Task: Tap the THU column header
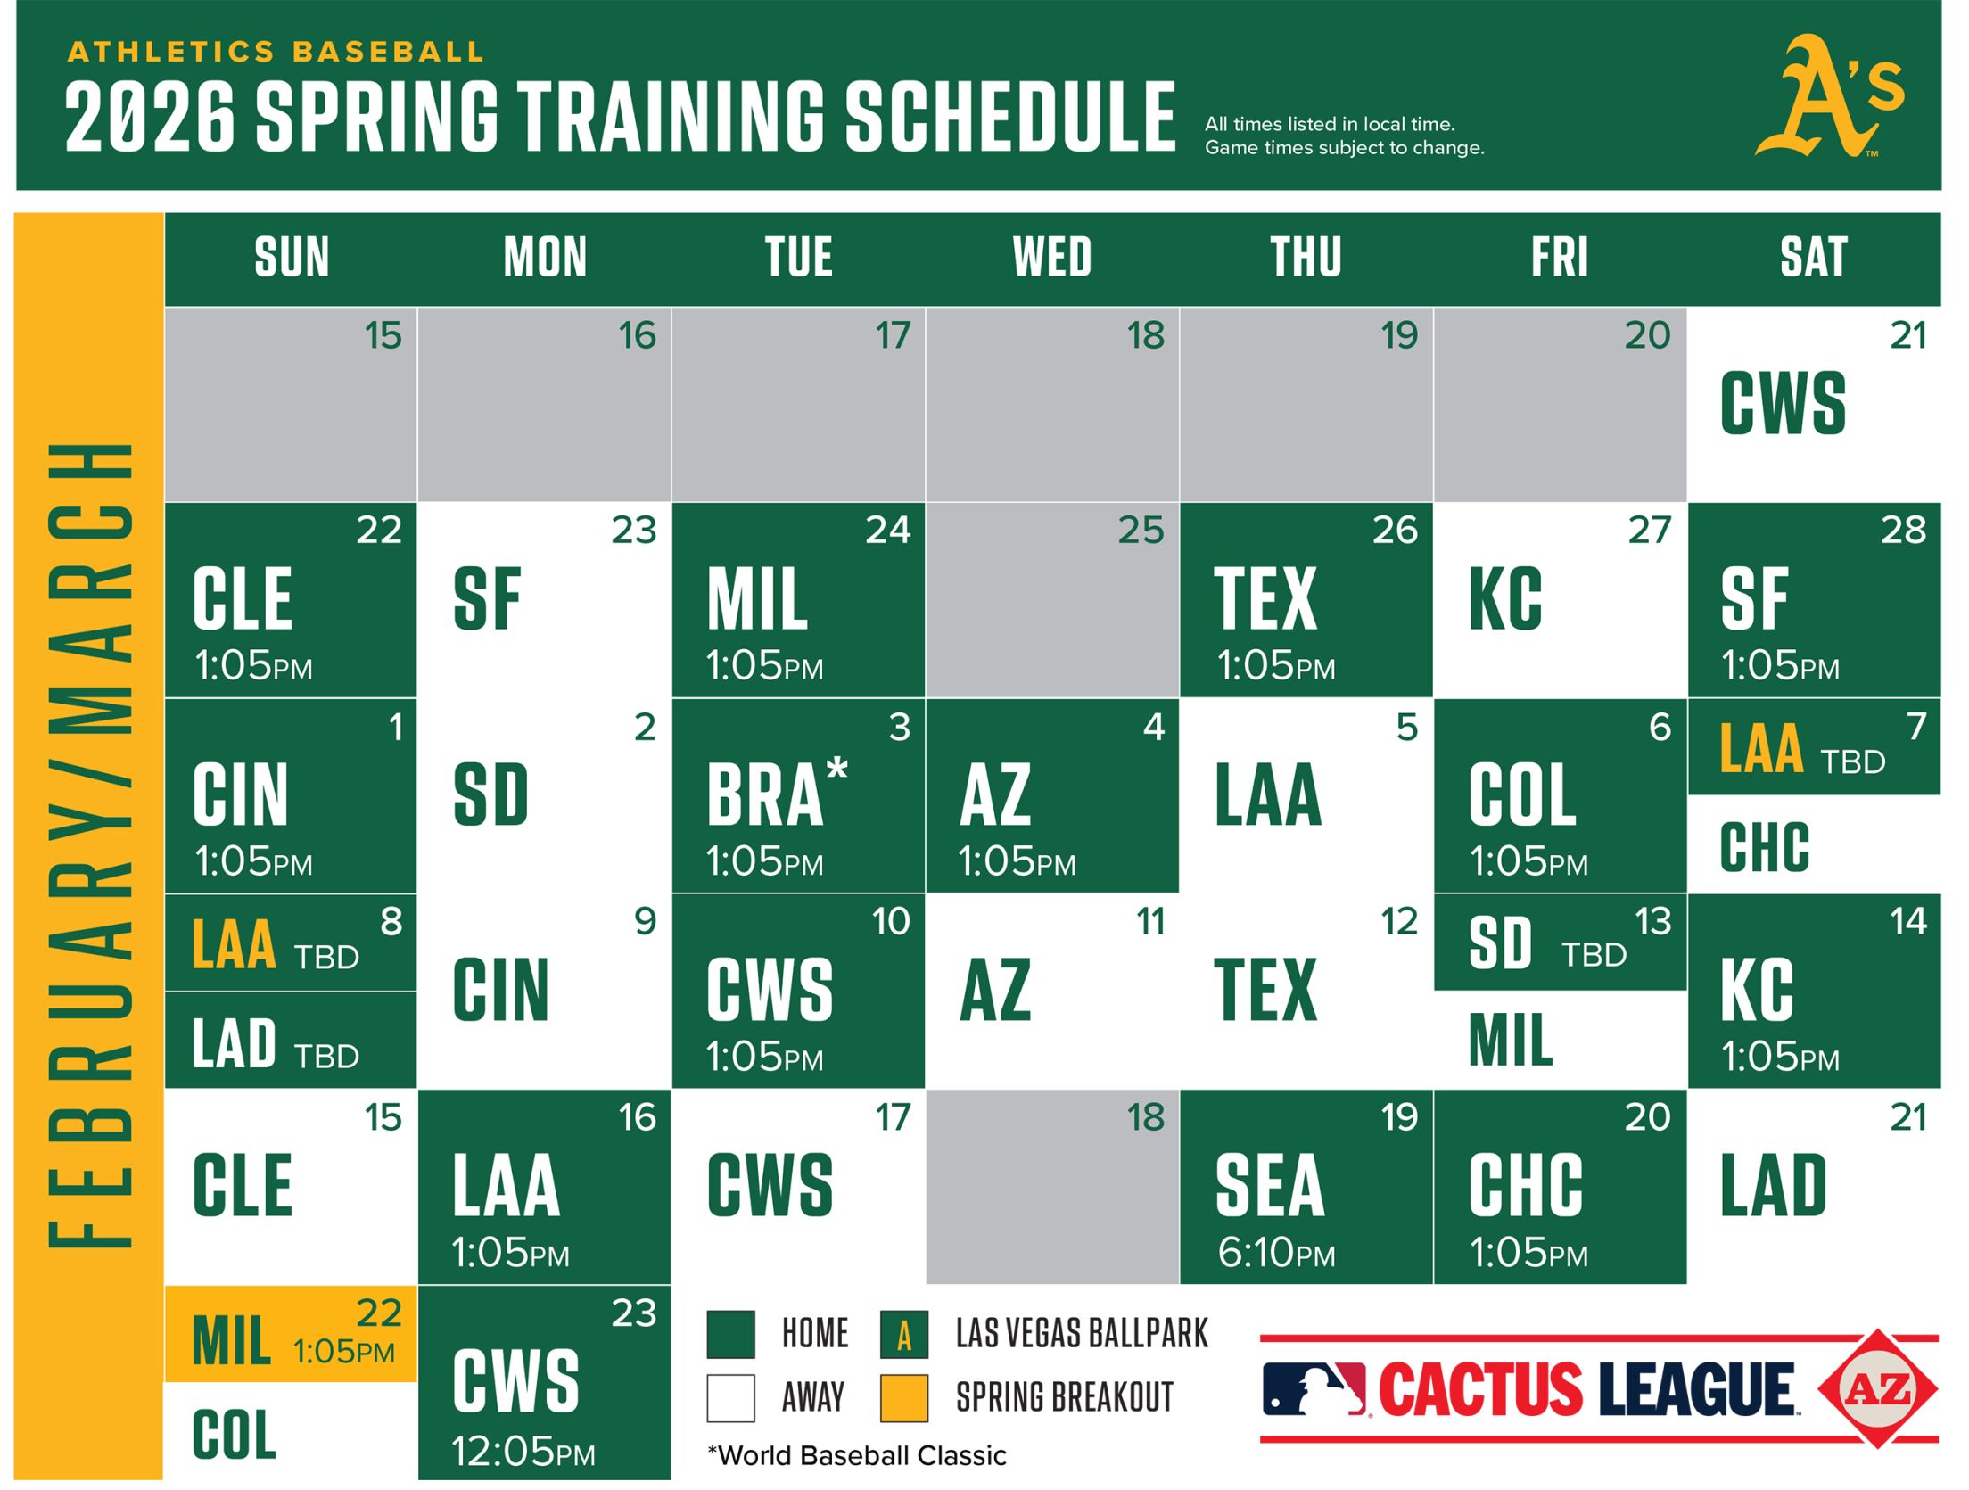1306,258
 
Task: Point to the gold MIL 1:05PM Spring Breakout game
291,1335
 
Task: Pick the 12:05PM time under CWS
523,1452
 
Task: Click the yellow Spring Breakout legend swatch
903,1397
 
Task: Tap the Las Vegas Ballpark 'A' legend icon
903,1334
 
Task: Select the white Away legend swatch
730,1397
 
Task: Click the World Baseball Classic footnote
856,1456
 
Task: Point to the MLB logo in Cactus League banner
1314,1388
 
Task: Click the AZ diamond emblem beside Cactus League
1877,1388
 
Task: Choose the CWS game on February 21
1784,404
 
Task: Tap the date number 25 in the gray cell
1141,531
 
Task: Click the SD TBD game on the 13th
1559,943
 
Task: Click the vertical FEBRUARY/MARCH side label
89,845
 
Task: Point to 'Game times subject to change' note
1344,148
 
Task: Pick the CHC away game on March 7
1766,847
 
